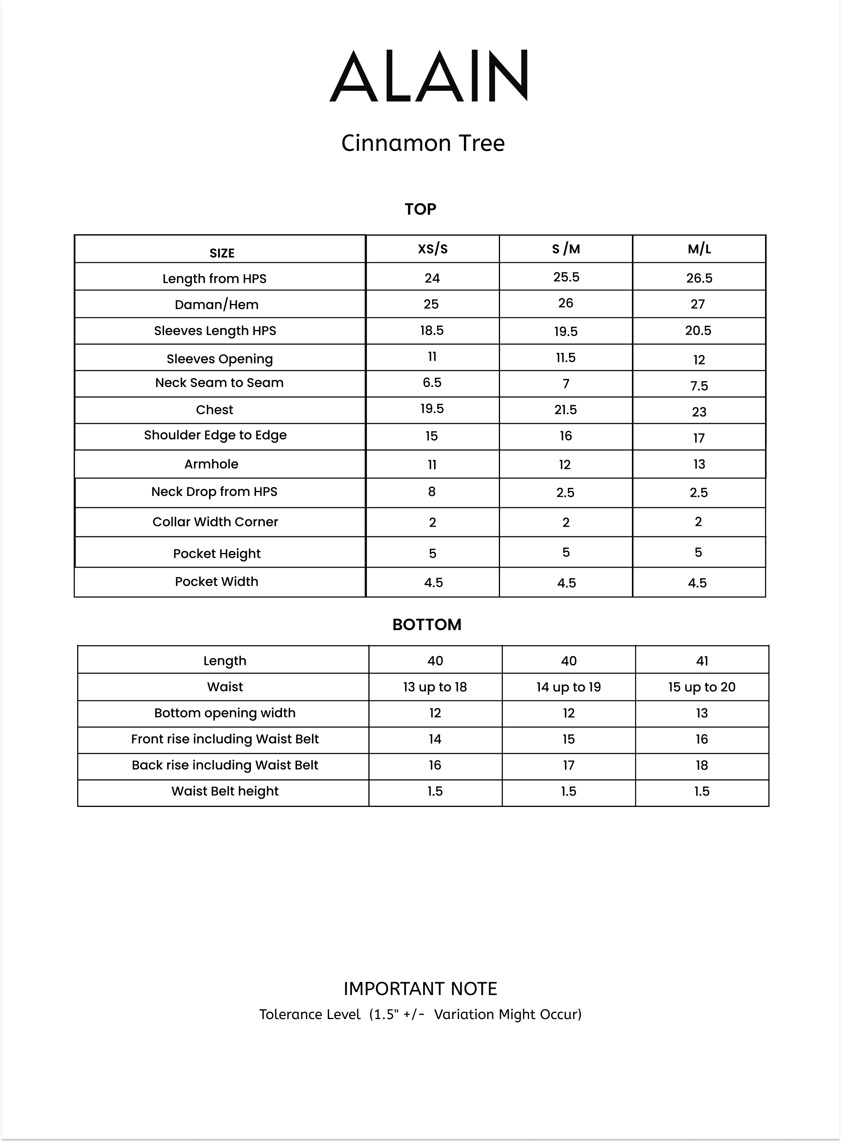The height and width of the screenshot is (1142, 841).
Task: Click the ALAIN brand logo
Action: (429, 76)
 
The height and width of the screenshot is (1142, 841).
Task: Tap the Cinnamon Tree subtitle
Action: (422, 143)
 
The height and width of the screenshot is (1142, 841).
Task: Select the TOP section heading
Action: (420, 209)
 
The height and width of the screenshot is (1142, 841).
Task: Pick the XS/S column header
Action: (433, 249)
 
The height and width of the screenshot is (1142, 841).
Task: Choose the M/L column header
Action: (699, 249)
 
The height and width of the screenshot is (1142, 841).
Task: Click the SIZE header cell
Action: (222, 253)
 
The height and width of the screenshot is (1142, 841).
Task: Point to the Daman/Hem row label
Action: (216, 304)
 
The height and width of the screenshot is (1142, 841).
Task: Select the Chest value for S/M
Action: (566, 409)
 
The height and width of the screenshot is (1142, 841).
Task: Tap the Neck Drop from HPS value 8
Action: (432, 492)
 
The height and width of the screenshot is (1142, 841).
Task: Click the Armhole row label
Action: (211, 464)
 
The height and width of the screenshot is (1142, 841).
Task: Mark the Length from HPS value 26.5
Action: (699, 278)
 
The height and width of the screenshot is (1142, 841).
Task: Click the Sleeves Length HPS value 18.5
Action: (432, 331)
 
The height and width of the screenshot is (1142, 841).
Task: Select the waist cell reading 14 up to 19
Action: (569, 687)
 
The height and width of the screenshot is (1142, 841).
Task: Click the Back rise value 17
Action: (569, 765)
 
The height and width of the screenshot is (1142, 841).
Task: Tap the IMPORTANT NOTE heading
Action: (420, 989)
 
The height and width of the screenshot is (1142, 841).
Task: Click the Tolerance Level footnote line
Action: (420, 1014)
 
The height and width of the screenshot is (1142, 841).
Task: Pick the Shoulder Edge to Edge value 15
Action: (432, 436)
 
